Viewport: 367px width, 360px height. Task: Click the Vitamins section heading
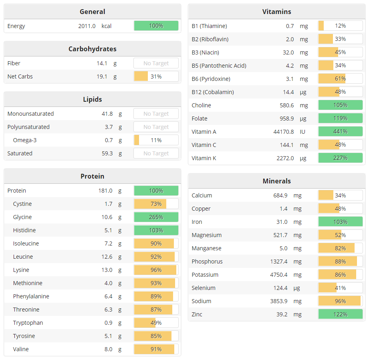pos(276,12)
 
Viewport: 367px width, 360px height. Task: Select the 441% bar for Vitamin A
pos(340,132)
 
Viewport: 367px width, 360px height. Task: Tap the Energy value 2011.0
pos(87,26)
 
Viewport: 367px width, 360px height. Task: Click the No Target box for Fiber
pos(156,63)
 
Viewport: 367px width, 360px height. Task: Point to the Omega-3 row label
pos(25,140)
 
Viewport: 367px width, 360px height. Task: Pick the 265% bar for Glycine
pos(156,217)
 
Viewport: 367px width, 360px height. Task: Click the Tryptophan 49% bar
pos(156,323)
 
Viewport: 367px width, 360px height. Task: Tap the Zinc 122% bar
pos(340,314)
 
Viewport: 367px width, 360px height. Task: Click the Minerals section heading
pos(276,181)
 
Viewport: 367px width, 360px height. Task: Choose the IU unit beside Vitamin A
pos(302,132)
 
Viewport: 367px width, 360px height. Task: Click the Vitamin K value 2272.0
pos(285,158)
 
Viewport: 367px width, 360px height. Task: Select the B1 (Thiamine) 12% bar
pos(340,26)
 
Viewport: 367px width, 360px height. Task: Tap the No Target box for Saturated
pos(156,153)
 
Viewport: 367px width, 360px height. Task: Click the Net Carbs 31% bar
pos(156,76)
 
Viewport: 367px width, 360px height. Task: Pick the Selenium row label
pos(204,288)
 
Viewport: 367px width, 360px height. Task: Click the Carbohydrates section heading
pos(92,49)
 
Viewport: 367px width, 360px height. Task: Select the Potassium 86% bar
pos(340,275)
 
